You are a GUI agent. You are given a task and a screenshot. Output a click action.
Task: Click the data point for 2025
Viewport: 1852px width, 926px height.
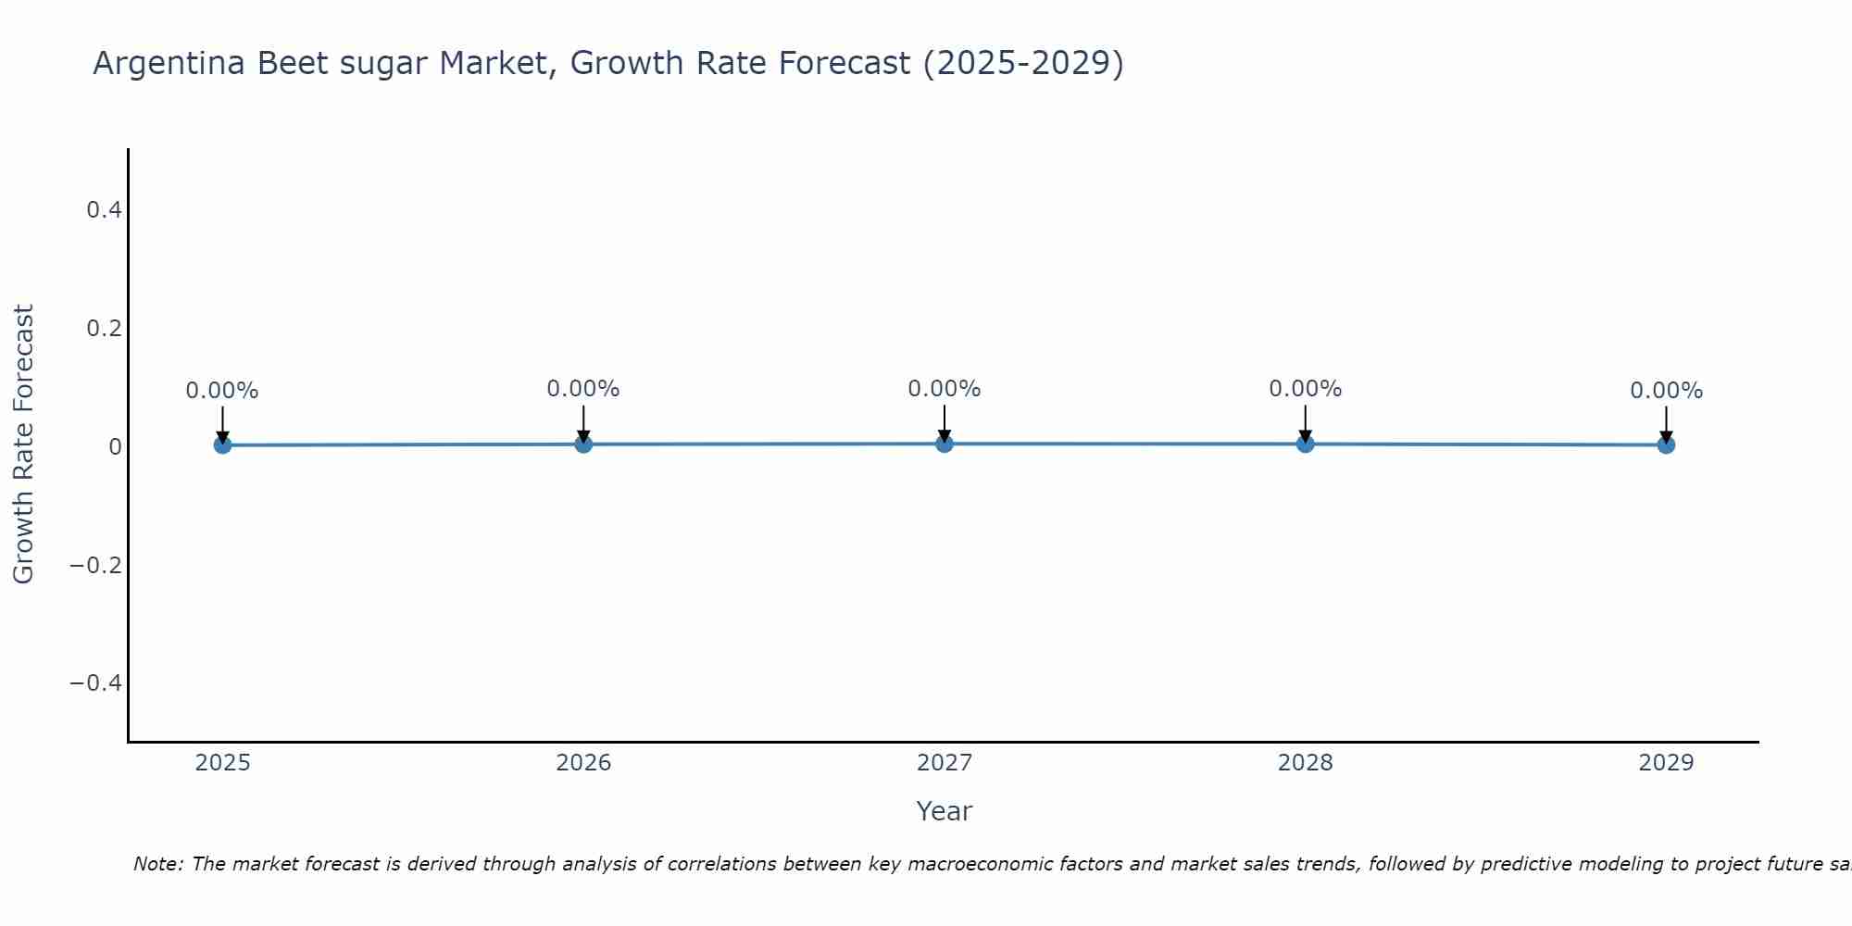(222, 444)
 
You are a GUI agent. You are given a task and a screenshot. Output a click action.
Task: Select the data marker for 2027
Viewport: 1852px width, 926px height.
(945, 444)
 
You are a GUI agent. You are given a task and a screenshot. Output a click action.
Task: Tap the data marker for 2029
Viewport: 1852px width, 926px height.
(1666, 444)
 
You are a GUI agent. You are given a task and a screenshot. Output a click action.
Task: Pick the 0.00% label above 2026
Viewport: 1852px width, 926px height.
(582, 389)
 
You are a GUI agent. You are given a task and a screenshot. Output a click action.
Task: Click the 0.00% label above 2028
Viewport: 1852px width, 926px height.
(1305, 389)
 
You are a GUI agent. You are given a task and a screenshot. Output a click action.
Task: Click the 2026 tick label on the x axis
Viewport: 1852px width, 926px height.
(583, 763)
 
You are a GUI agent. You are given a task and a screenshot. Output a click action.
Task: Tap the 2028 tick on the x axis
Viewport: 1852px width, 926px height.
(1305, 763)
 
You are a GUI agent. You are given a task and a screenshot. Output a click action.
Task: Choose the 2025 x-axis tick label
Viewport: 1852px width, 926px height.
(223, 763)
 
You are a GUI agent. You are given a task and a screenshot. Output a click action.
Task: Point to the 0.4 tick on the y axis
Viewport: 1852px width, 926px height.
(104, 210)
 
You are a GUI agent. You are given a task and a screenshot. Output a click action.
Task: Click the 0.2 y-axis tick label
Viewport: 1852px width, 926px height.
(104, 329)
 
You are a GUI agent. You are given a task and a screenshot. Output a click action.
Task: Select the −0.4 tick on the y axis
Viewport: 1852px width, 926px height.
(96, 683)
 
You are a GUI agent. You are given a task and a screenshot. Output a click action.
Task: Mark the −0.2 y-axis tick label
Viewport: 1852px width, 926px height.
(96, 565)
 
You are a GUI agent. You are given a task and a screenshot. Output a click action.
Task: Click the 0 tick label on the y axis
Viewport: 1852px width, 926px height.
(115, 447)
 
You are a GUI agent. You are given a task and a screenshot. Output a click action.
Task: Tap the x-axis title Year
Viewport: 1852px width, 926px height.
(944, 812)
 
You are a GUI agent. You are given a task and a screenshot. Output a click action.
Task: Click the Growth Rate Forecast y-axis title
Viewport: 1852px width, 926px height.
(23, 444)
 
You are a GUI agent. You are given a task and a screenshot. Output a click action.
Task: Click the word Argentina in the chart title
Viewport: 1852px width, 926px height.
(169, 64)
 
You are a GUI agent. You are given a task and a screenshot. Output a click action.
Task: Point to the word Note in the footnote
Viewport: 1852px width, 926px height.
(157, 865)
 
